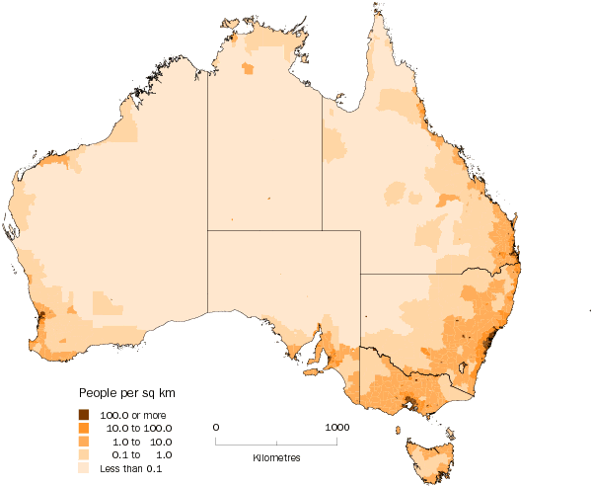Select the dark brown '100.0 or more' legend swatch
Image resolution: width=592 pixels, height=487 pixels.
84,413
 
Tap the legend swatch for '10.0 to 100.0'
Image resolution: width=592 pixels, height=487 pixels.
84,427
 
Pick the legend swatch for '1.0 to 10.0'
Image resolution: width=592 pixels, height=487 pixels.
84,441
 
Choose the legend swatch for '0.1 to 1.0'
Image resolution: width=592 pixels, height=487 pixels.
84,454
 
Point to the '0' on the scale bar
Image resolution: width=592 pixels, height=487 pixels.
216,426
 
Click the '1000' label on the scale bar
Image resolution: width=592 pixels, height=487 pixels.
337,426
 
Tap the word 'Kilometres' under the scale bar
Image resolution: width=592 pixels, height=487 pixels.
277,459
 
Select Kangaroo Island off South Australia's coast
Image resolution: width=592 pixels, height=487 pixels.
314,373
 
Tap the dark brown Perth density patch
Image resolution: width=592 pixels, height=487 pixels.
41,318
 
